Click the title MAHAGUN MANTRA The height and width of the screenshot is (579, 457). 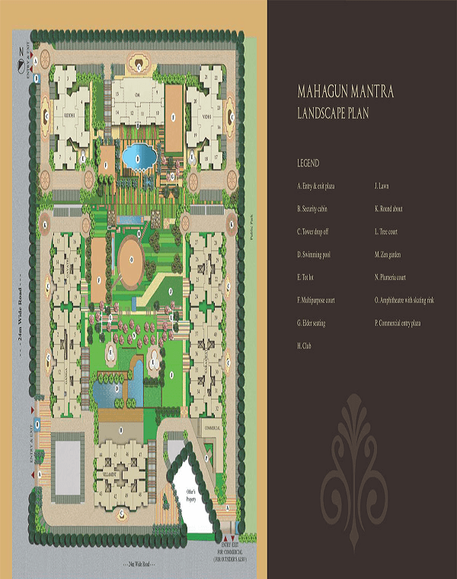click(345, 93)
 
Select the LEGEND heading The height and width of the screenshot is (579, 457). click(308, 164)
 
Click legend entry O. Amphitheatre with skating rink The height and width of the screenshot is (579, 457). click(404, 301)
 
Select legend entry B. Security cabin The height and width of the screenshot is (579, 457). click(317, 208)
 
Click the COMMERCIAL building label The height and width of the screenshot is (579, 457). click(212, 428)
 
